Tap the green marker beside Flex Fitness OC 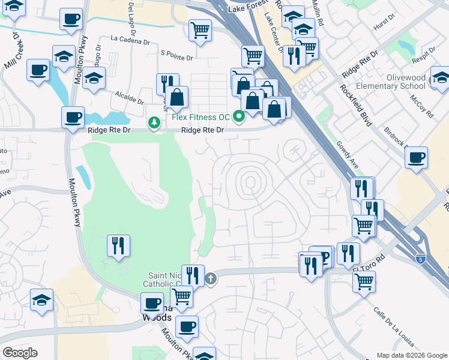pyautogui.click(x=239, y=116)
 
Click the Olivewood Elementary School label pyautogui.click(x=391, y=82)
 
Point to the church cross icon pyautogui.click(x=210, y=278)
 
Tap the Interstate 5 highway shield pyautogui.click(x=421, y=259)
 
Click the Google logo pyautogui.click(x=20, y=353)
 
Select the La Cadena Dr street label pyautogui.click(x=130, y=41)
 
